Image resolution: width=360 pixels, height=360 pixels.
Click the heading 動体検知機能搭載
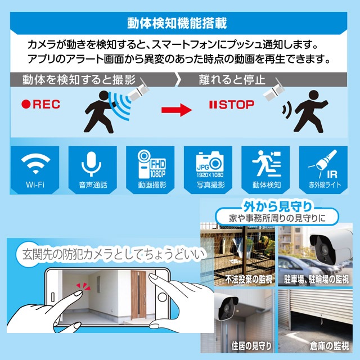177,23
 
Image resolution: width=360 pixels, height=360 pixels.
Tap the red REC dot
26,104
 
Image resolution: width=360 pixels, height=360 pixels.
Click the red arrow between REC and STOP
177,110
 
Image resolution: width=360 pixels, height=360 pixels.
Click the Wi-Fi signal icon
35,163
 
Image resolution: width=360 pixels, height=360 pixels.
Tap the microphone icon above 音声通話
91,164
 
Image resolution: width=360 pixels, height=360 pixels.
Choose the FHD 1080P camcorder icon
151,164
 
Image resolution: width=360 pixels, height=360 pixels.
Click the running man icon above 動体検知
267,163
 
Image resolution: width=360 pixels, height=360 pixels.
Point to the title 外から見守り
278,206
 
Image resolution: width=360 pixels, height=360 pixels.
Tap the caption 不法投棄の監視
249,279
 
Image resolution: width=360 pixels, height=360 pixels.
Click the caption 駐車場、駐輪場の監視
316,279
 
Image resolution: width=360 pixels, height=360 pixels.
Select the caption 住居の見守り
251,346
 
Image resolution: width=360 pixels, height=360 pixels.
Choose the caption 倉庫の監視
329,346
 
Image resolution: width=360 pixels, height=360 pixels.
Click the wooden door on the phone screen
138,295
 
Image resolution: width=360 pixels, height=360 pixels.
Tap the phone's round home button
163,297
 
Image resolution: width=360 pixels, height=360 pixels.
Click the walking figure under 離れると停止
310,111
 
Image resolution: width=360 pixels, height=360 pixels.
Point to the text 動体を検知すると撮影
79,80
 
